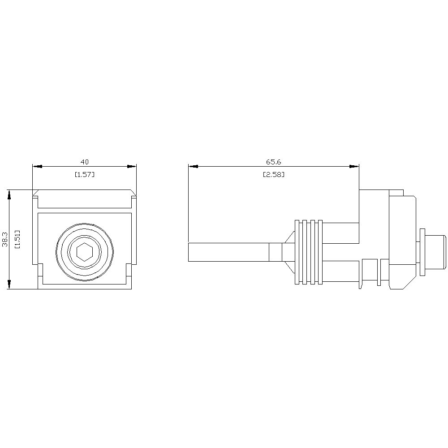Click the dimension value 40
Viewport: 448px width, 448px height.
[x=85, y=162]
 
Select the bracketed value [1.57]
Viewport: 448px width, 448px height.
[x=85, y=174]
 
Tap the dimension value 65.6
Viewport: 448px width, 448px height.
[x=273, y=162]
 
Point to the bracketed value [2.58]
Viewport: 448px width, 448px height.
[x=273, y=174]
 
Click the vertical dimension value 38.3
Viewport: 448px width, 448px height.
[x=5, y=239]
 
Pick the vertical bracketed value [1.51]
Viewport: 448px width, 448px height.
[x=17, y=239]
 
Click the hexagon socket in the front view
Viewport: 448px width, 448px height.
[x=85, y=252]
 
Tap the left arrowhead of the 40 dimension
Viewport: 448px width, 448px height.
[x=37, y=166]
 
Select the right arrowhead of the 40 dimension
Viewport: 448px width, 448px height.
[x=132, y=166]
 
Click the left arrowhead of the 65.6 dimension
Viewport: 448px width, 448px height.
[x=193, y=166]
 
